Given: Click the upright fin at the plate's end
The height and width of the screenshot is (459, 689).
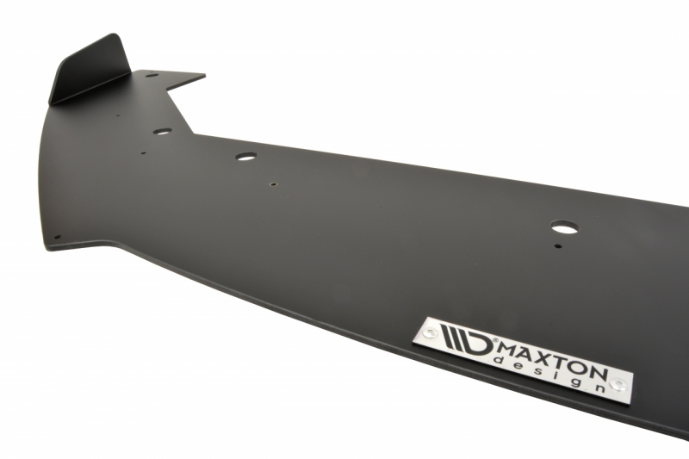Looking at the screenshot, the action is pos(90,71).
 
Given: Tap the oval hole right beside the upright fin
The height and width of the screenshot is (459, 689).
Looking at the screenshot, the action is pos(152,76).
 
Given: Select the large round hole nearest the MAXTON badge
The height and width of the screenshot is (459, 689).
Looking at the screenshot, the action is pos(564,227).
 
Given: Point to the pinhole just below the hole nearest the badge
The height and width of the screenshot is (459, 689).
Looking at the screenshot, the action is pos(557,246).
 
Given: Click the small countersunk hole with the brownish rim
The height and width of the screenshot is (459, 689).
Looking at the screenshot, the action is pos(273,185).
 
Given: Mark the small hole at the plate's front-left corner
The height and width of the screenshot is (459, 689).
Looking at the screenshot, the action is pos(57,237).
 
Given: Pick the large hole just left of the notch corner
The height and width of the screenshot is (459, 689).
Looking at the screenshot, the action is pos(163,131).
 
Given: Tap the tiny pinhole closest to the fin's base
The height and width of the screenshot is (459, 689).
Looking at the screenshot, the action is pos(117,116).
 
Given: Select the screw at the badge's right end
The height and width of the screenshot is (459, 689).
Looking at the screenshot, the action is pos(619,384).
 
